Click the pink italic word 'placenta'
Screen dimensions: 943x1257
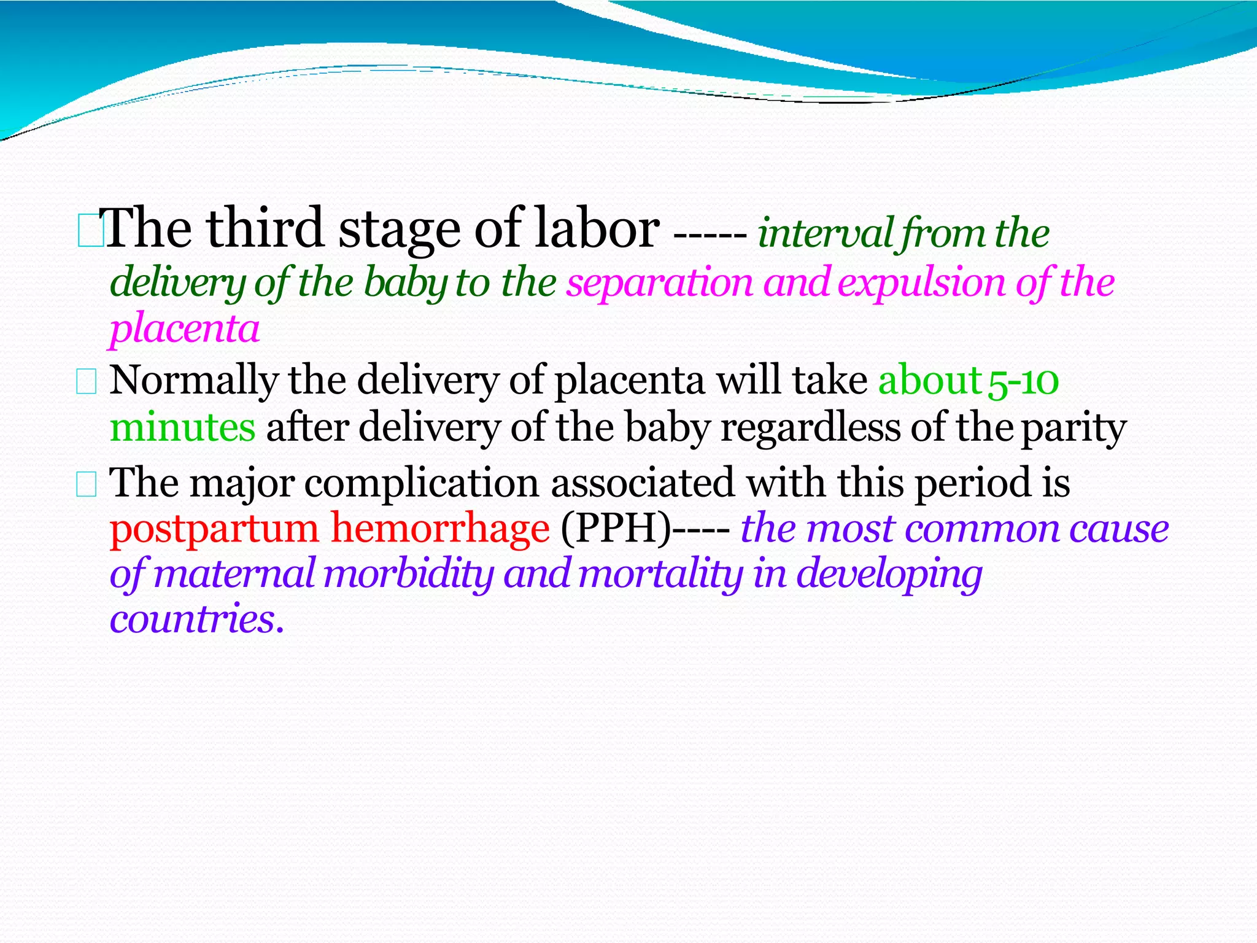[185, 329]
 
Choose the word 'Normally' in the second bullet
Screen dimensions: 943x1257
[194, 381]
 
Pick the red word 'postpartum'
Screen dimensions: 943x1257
[214, 529]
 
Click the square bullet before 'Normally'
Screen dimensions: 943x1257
[87, 382]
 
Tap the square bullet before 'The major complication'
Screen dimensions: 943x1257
[87, 484]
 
